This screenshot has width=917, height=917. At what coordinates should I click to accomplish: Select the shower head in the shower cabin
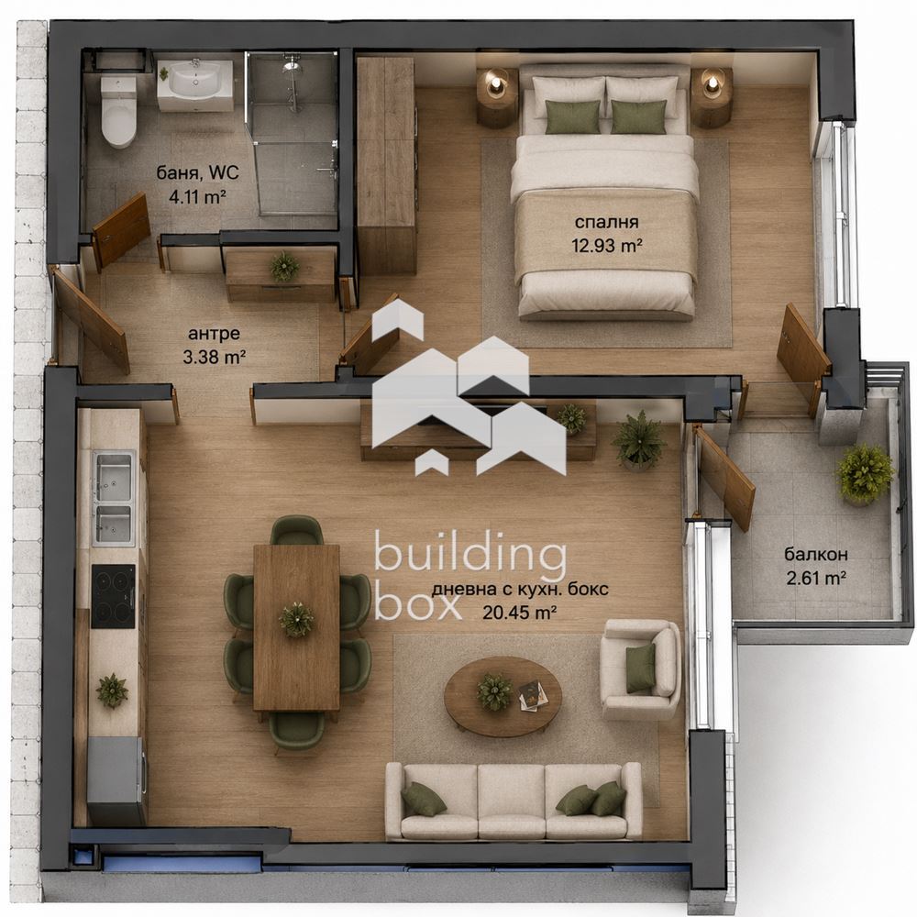292,67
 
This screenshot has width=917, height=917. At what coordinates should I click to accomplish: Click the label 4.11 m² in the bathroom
197,196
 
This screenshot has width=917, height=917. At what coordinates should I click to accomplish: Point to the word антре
214,334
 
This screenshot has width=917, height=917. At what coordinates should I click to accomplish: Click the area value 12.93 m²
607,245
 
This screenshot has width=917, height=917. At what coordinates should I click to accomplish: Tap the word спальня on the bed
606,222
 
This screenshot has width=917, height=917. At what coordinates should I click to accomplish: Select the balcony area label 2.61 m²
816,579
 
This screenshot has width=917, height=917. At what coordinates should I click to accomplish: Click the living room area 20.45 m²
519,613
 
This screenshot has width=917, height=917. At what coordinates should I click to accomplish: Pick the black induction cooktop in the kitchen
114,596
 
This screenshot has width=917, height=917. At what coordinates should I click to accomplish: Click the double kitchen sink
114,498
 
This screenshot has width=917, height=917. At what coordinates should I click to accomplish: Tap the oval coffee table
503,696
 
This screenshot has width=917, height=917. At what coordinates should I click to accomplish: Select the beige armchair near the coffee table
641,668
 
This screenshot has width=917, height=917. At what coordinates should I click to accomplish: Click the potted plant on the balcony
866,474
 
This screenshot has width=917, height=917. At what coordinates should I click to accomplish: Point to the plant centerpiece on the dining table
296,619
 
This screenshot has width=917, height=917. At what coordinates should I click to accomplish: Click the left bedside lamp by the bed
497,82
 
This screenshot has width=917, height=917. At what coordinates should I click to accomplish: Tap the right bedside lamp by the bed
713,82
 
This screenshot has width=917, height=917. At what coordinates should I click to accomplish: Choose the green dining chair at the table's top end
297,530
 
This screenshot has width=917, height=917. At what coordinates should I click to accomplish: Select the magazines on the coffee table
534,695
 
